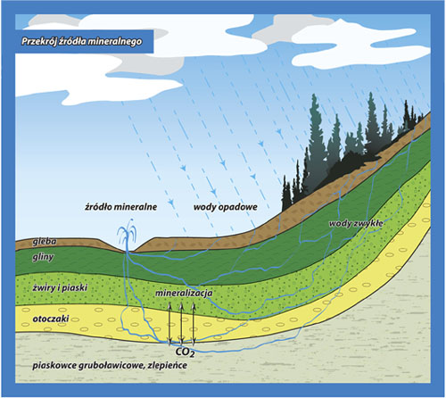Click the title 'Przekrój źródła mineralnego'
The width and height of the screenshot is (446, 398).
(81, 41)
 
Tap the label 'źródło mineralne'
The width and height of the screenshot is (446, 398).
(120, 207)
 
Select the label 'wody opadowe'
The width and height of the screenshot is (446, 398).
(226, 207)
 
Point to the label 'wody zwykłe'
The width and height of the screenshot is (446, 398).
(356, 224)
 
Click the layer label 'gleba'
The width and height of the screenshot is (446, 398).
(45, 242)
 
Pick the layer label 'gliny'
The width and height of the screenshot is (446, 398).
(43, 257)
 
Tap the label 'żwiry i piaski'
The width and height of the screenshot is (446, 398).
(60, 288)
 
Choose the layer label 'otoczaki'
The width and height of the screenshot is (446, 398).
(51, 319)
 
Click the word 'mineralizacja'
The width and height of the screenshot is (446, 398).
(184, 293)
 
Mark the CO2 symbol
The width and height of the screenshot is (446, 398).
(185, 352)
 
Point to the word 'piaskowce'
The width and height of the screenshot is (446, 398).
(54, 366)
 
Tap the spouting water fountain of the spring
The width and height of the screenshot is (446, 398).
(128, 235)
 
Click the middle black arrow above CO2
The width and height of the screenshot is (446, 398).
(181, 323)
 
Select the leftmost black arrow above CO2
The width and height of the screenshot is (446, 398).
(169, 324)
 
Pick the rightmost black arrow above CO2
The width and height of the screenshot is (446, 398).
(194, 324)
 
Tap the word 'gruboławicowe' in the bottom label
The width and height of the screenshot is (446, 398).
(111, 366)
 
